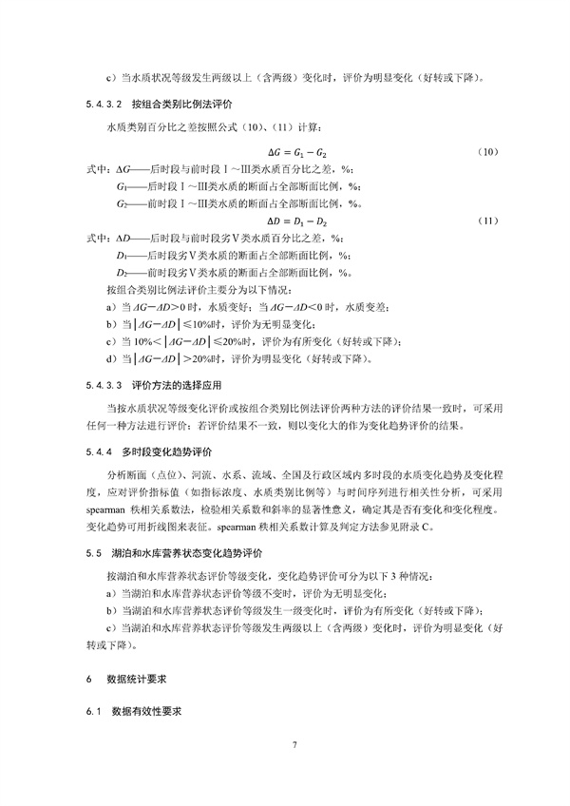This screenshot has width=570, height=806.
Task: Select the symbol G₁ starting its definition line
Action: click(x=121, y=186)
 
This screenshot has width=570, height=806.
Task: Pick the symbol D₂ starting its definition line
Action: click(x=121, y=272)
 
